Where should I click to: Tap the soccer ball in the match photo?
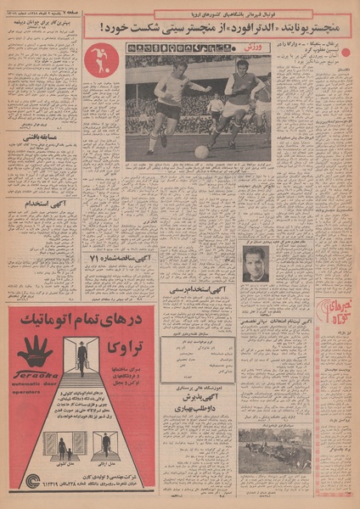pos(201,151)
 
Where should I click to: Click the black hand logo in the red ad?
pos(35,350)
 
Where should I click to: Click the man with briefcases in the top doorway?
pos(82,356)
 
